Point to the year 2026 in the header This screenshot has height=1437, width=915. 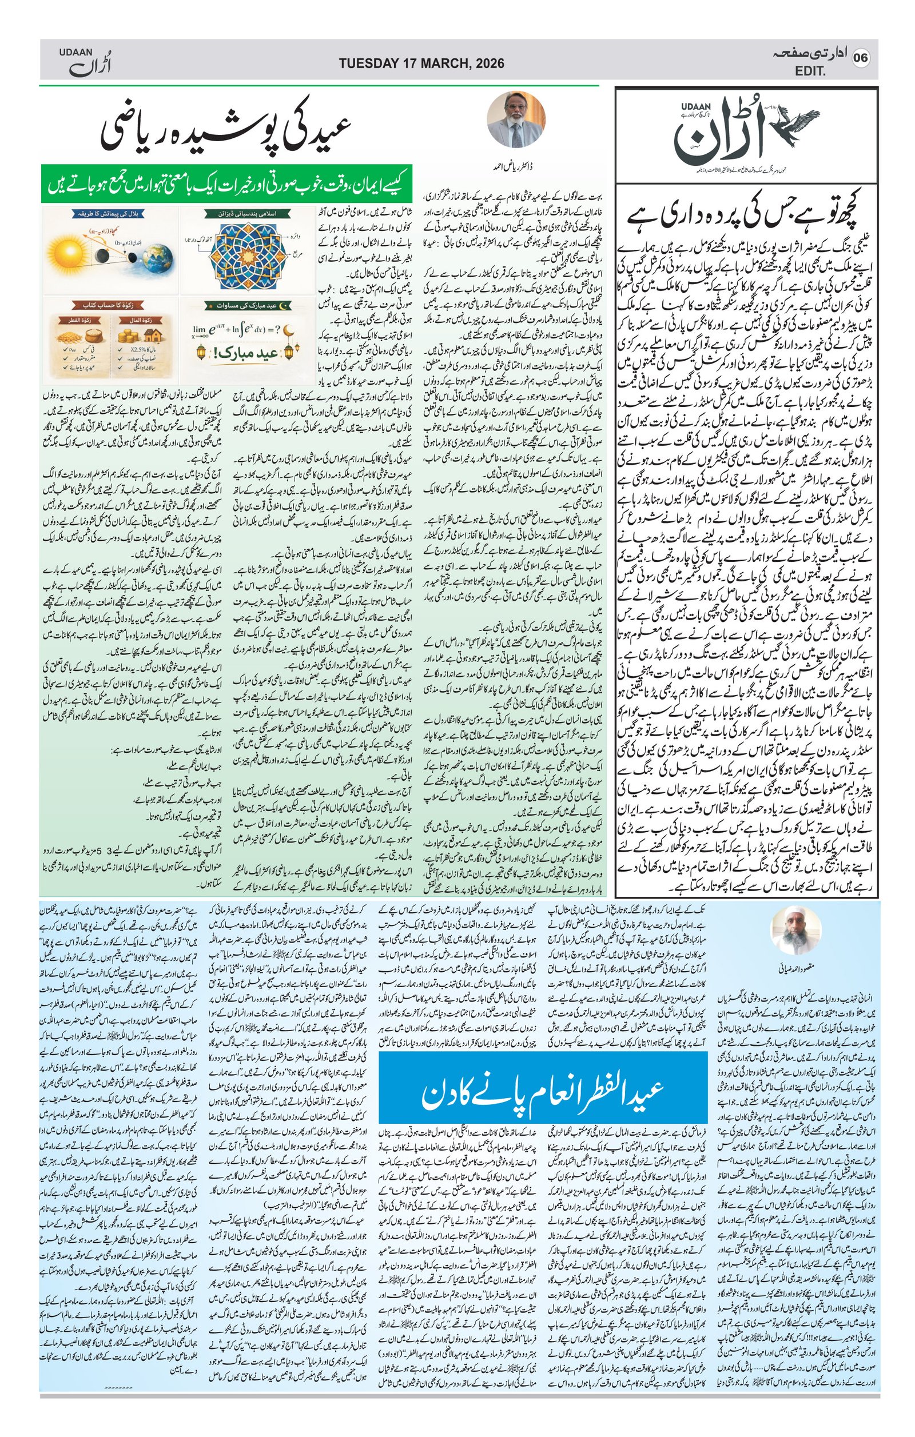[x=487, y=63]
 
